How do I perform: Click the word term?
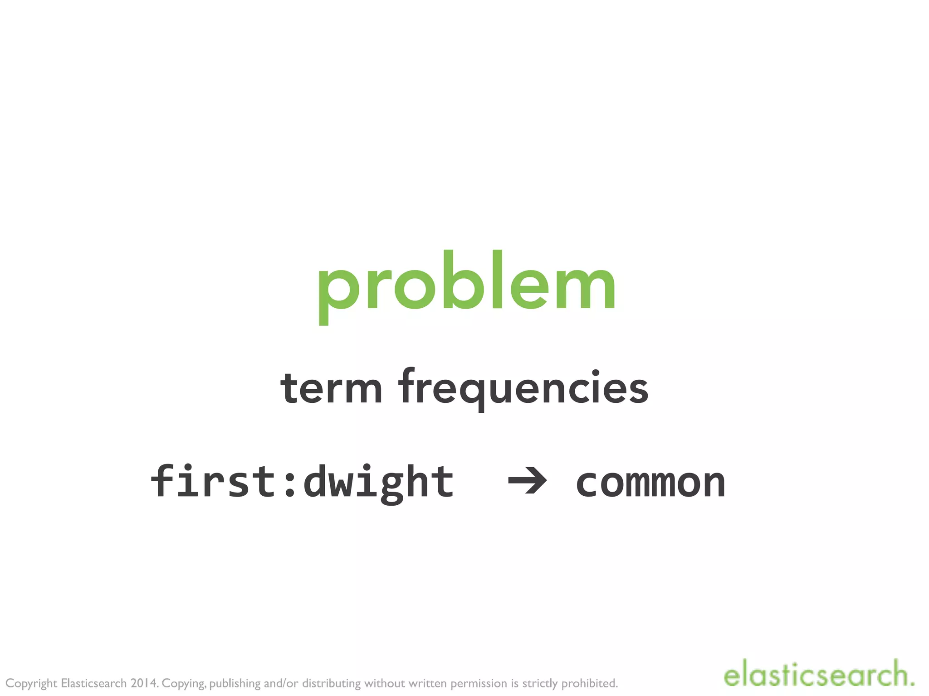(331, 389)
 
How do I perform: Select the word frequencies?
(523, 389)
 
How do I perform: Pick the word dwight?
(379, 482)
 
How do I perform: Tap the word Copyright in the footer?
(31, 683)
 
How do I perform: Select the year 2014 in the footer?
(143, 683)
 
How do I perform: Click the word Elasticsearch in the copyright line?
(93, 683)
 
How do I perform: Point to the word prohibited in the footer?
(590, 683)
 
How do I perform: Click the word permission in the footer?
(479, 683)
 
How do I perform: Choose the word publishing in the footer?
(235, 683)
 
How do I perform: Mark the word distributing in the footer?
(331, 683)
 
